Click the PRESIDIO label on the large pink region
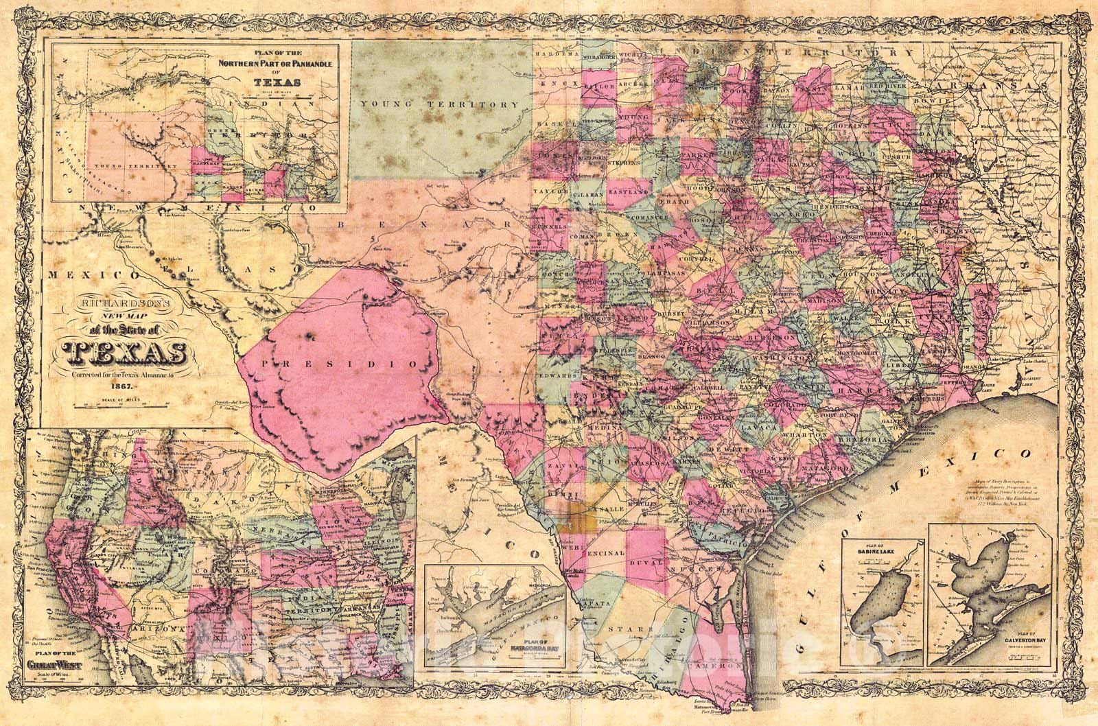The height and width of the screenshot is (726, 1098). click(x=351, y=363)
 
